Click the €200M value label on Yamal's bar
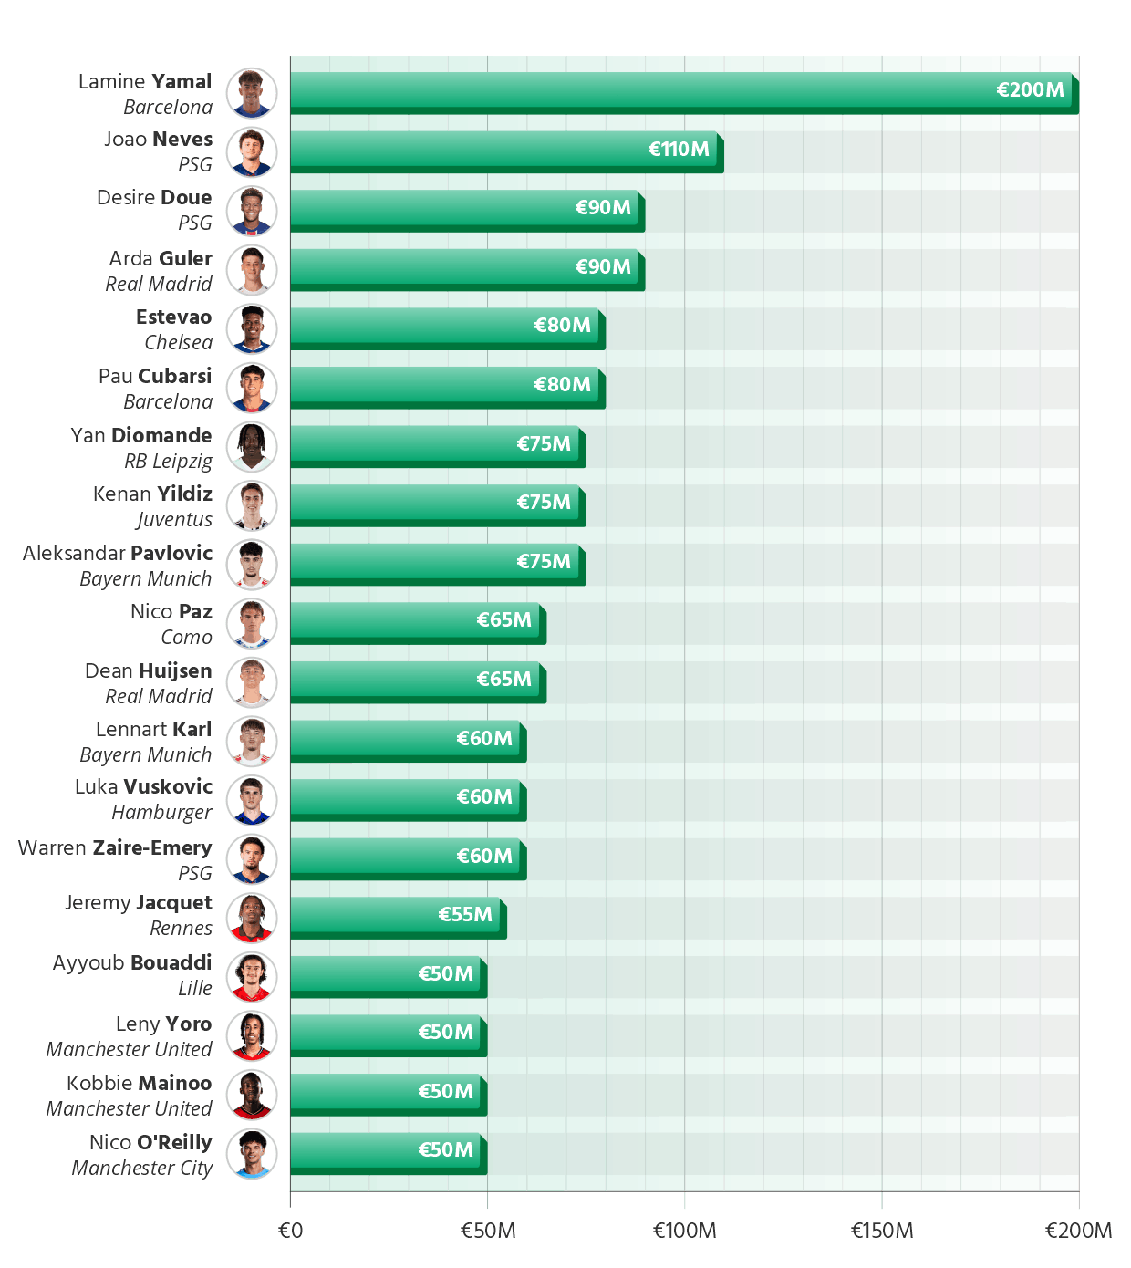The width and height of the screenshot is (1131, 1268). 1030,90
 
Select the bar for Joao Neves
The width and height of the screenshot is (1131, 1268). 503,150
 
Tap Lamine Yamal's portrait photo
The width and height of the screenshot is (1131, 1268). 252,93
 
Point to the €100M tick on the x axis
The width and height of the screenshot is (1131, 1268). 684,1231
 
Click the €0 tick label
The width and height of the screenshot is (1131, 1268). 290,1231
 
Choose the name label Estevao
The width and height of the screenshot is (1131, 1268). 173,317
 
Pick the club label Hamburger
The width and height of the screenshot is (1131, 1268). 161,812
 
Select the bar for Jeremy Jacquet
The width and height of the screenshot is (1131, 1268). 394,915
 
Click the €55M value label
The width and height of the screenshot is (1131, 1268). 465,915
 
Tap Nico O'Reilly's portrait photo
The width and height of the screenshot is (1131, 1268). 252,1154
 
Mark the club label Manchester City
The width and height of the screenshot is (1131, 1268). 142,1168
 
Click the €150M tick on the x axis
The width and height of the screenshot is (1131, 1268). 881,1231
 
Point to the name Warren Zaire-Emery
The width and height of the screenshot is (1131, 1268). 115,847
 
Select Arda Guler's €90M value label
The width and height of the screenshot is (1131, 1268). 602,266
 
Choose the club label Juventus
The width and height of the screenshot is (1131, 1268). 174,519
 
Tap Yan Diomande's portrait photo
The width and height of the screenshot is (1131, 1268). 252,447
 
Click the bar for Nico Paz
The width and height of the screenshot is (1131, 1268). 414,620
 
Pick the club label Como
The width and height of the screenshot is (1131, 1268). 186,637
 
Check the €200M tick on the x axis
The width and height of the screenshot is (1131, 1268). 1078,1231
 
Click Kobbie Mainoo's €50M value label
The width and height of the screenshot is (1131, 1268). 445,1091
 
